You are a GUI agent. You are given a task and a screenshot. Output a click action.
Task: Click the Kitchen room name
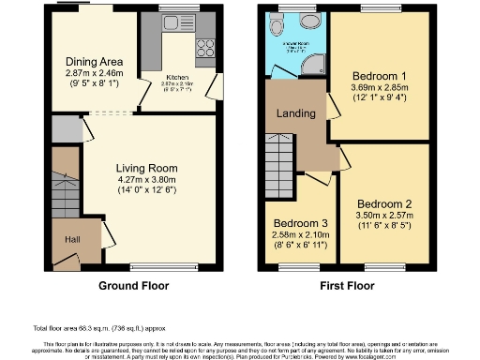coord(178,78)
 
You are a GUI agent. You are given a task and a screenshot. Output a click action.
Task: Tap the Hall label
coord(71,239)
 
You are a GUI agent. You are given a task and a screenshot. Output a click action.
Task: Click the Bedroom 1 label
coord(378,75)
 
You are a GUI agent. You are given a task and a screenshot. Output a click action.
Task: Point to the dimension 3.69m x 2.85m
coord(378,86)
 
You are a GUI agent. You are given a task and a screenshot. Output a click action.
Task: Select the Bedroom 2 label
coord(383,203)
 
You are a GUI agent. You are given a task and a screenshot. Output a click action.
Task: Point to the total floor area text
coord(98,329)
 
